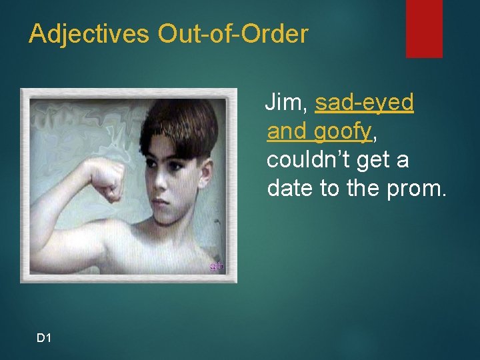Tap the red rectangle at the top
coord(424,28)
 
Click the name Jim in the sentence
coord(285,103)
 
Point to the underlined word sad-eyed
coord(365,103)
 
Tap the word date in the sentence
coord(291,189)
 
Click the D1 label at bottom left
coord(44,339)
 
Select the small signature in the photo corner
coord(217,266)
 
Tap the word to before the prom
coord(330,189)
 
